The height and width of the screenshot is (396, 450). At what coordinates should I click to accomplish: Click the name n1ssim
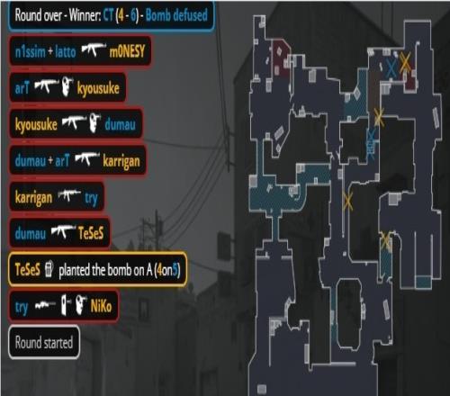tap(30, 51)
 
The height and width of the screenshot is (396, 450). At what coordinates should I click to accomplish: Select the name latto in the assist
tap(66, 51)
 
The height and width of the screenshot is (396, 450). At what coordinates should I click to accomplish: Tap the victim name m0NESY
tap(127, 51)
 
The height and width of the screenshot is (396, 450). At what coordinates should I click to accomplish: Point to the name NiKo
tap(101, 306)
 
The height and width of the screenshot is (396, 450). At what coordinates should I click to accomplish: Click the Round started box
tap(44, 342)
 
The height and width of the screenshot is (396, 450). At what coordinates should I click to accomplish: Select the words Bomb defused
tap(176, 15)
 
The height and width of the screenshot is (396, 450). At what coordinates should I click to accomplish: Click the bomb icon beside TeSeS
tap(49, 269)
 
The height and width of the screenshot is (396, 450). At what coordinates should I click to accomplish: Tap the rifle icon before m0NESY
tap(94, 49)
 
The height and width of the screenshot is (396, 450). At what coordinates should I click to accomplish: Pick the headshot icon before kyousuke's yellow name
tap(67, 86)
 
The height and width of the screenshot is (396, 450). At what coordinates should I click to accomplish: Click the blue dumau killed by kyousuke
tap(120, 124)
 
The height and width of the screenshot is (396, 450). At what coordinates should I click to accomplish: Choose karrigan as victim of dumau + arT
tap(121, 161)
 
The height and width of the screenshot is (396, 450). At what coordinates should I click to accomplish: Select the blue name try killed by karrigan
tap(91, 198)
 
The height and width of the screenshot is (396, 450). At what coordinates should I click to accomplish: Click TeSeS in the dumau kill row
tap(91, 233)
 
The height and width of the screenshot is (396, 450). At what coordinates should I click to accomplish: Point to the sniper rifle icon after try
tap(45, 305)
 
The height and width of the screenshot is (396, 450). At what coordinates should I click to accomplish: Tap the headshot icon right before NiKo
tap(81, 304)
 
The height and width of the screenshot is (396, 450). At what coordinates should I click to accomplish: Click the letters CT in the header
tap(109, 15)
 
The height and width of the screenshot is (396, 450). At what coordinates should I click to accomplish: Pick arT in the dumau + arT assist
tap(62, 161)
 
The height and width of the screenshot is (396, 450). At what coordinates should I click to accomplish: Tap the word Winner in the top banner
tap(85, 15)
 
